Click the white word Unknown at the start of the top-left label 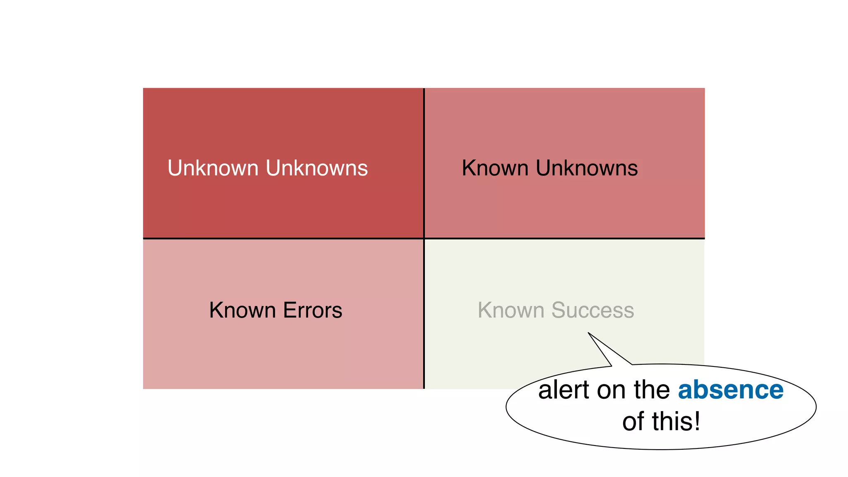click(x=213, y=168)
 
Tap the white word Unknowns click(x=317, y=168)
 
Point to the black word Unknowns click(x=587, y=168)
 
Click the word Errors click(x=313, y=310)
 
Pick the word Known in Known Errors click(x=242, y=310)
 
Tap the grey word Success click(x=593, y=310)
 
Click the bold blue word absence click(x=730, y=390)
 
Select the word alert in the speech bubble click(x=563, y=390)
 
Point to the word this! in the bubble click(x=676, y=422)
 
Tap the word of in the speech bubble click(x=634, y=422)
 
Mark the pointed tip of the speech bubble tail click(x=588, y=332)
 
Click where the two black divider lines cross click(x=424, y=238)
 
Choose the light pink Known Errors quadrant click(x=283, y=352)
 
